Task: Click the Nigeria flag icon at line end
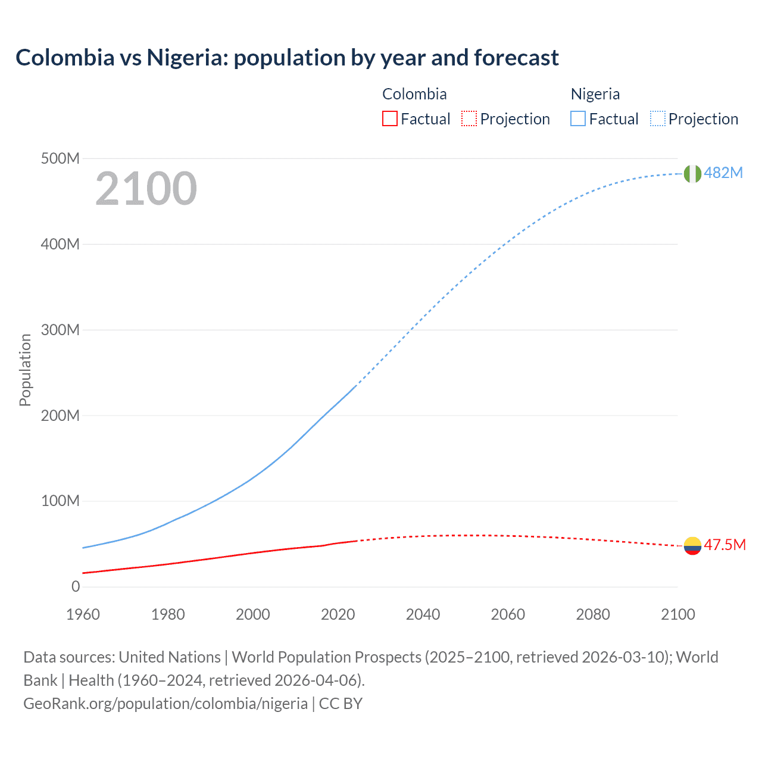pos(692,174)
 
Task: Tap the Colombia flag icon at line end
pos(692,545)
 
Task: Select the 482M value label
pos(723,173)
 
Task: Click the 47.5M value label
pos(724,545)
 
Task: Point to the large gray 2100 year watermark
pos(146,189)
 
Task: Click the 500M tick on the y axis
pos(60,159)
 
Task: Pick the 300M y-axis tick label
pos(60,330)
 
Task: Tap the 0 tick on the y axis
pos(76,587)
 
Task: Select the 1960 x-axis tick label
pos(83,614)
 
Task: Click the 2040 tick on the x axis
pos(423,614)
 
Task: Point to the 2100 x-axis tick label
pos(677,614)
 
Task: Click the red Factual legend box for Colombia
pos(389,119)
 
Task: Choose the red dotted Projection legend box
pos(469,119)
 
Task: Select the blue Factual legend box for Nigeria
pos(578,119)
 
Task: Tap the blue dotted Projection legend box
pos(658,119)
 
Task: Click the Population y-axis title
pos(25,370)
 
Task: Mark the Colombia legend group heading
pos(414,94)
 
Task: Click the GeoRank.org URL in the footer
pos(165,704)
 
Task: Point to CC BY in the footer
pos(341,704)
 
